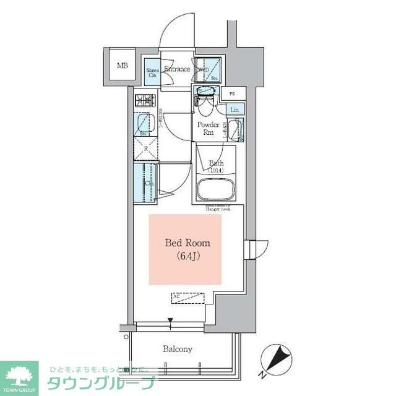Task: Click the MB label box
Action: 123,65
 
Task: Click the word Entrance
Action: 176,69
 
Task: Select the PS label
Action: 232,94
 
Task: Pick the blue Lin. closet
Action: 235,110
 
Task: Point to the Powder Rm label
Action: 208,127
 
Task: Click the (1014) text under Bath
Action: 216,171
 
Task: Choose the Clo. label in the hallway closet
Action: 149,183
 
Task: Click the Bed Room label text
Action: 187,243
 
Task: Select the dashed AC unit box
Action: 187,298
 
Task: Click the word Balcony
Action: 178,349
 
